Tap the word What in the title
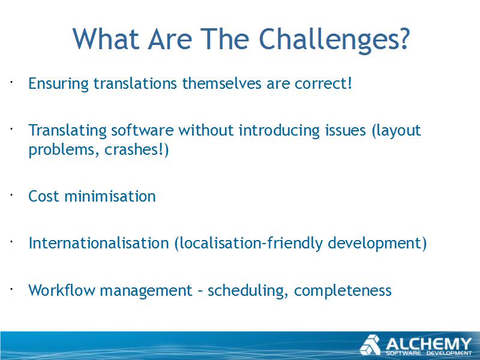[106, 38]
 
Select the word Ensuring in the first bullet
[58, 84]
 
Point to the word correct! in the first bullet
[323, 83]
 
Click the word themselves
[221, 83]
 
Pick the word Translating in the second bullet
[67, 131]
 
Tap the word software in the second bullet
[142, 130]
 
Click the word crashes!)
[137, 150]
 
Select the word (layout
[396, 131]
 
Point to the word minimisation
[110, 196]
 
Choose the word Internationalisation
[98, 243]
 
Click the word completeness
[343, 291]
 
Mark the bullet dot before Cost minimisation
[11, 194]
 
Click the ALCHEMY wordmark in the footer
[428, 344]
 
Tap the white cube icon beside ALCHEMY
[370, 345]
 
